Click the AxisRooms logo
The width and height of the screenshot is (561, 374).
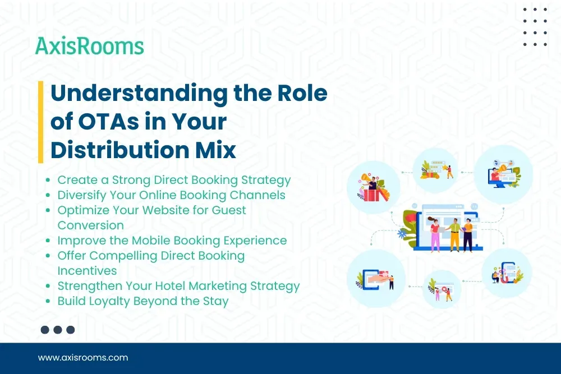click(x=90, y=45)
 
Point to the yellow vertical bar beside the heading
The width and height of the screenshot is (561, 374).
click(x=40, y=122)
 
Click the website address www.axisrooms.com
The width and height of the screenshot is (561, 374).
click(x=83, y=357)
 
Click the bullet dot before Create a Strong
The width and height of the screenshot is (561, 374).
click(x=49, y=181)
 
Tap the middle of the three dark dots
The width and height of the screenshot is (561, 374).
click(x=58, y=330)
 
